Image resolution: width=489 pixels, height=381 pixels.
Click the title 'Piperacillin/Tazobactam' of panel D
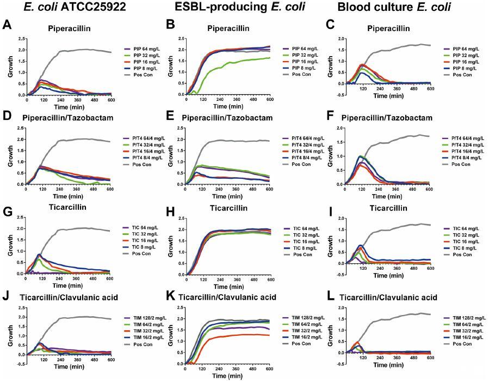tap(64, 118)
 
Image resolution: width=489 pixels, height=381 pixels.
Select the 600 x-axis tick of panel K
tap(268, 369)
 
